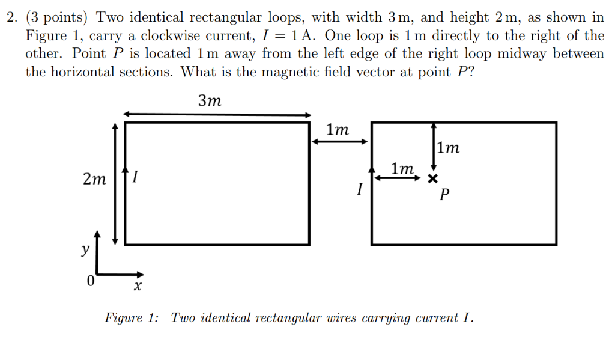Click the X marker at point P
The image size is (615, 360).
point(432,178)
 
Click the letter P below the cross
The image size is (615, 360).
point(444,195)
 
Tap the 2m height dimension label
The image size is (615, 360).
point(94,179)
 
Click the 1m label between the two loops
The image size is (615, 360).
point(337,129)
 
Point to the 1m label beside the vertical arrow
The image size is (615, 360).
point(448,148)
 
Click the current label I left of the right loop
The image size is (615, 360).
point(359,190)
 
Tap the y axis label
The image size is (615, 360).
point(85,249)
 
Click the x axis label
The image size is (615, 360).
point(137,288)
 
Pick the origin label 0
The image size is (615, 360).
point(90,281)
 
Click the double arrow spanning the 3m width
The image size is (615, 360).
point(217,114)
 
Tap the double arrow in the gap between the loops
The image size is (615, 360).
point(339,142)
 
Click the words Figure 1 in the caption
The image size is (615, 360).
point(132,317)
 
